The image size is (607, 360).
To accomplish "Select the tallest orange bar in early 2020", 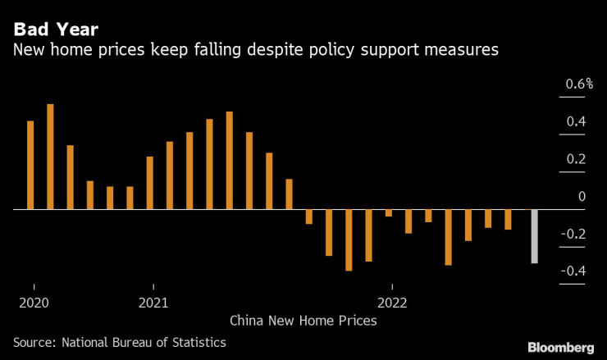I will click(50, 157).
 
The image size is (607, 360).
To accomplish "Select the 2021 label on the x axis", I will click(154, 302).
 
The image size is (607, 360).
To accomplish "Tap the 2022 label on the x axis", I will click(393, 302).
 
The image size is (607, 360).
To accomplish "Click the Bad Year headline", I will click(55, 30).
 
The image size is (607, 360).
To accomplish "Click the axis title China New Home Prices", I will click(303, 321).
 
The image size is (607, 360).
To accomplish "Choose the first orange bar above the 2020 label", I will click(30, 166).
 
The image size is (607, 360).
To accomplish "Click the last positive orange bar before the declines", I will click(289, 194).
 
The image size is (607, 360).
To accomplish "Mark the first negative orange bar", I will click(309, 216).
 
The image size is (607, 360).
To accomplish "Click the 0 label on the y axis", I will click(582, 197).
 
